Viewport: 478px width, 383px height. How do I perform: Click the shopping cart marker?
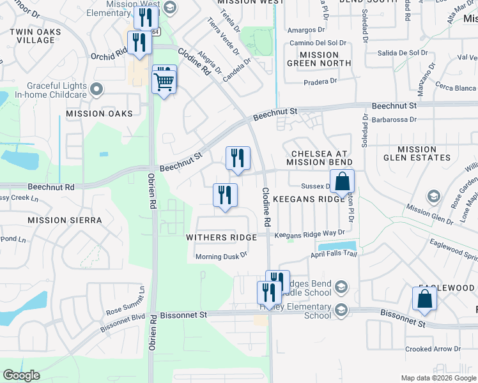tap(164, 81)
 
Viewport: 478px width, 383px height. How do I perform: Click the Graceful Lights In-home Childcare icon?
tap(96, 89)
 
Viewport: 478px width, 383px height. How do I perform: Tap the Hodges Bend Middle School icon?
tap(341, 286)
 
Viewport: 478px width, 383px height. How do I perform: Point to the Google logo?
tap(21, 375)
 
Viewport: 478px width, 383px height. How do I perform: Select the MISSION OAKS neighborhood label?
tap(99, 114)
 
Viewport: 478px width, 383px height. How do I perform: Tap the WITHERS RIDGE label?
tap(221, 237)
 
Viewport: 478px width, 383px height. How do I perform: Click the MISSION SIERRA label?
tap(65, 220)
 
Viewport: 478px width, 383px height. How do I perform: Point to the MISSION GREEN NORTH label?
tap(319, 59)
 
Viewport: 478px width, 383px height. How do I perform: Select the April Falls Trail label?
tap(332, 253)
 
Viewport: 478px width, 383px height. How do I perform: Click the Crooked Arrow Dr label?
tap(433, 349)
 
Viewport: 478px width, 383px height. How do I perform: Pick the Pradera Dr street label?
tap(321, 81)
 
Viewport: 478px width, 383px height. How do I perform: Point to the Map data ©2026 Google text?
tap(438, 378)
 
